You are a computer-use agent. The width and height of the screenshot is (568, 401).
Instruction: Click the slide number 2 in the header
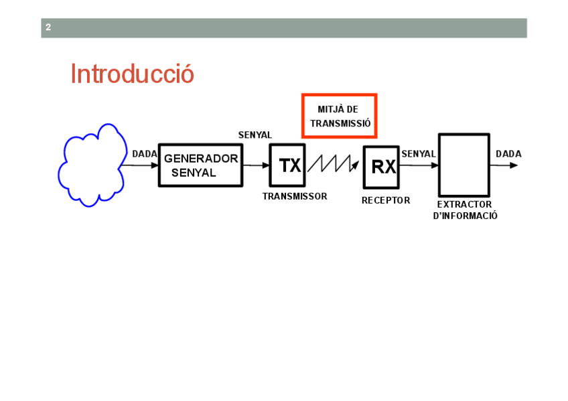click(x=48, y=27)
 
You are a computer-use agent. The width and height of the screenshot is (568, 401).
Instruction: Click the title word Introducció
click(x=132, y=74)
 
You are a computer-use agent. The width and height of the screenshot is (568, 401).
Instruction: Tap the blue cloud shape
click(x=91, y=165)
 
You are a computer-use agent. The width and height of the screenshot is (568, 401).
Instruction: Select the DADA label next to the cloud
click(x=144, y=154)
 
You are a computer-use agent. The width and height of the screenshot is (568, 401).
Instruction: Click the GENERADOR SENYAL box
click(x=200, y=165)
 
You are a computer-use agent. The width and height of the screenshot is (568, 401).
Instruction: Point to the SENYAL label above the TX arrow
click(x=255, y=135)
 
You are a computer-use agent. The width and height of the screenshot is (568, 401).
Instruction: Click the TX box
click(x=287, y=165)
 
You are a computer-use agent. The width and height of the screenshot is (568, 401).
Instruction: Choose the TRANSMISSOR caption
click(x=295, y=197)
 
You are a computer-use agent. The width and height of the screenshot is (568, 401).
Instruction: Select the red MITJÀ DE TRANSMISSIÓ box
click(x=339, y=116)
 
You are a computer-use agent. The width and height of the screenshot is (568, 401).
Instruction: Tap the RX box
click(x=381, y=167)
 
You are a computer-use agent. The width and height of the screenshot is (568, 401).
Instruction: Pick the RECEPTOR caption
click(x=386, y=200)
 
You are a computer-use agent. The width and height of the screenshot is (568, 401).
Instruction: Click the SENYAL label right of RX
click(x=419, y=154)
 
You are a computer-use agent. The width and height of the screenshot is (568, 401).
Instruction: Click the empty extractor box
click(x=464, y=165)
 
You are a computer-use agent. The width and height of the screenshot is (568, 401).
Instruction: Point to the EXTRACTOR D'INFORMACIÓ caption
click(x=465, y=210)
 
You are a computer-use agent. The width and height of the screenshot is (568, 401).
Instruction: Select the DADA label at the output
click(x=508, y=154)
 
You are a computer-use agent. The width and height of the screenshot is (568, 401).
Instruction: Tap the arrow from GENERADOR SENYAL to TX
click(x=255, y=165)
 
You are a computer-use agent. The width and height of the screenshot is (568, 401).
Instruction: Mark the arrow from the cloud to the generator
click(x=141, y=165)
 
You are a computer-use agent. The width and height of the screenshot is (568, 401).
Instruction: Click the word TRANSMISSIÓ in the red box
click(x=340, y=124)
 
